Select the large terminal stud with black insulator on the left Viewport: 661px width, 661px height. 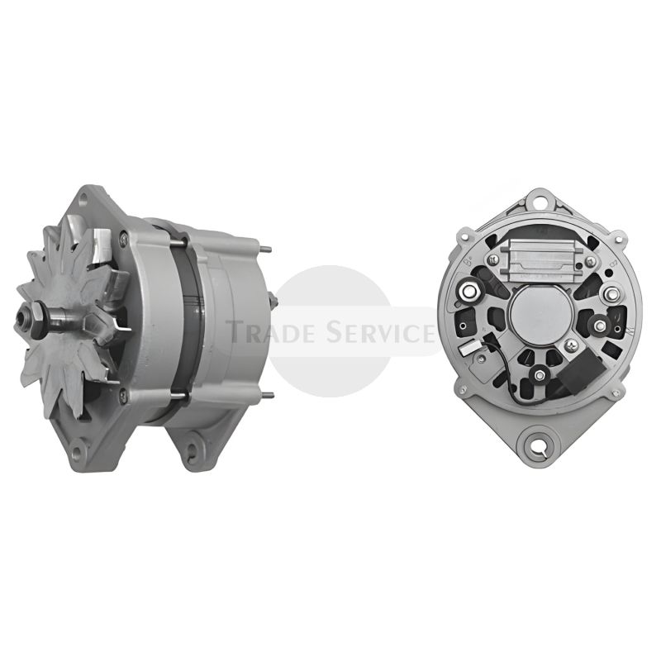tap(468, 290)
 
